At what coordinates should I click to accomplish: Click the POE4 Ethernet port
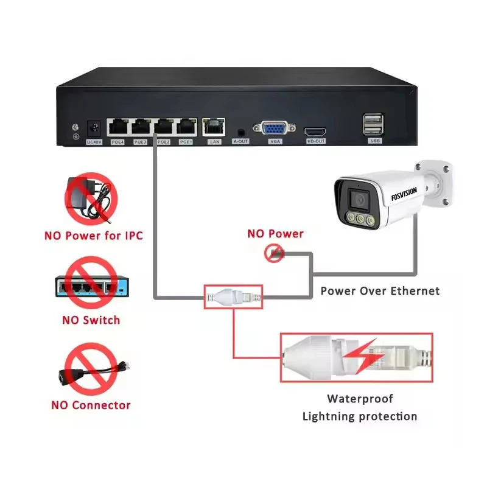[117, 127]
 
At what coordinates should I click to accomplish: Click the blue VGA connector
[274, 128]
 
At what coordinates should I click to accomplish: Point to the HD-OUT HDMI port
[315, 131]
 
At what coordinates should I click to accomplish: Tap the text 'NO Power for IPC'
[93, 234]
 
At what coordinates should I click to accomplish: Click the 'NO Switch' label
[91, 320]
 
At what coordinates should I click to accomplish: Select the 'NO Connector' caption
[91, 405]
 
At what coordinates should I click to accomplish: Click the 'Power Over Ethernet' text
[380, 290]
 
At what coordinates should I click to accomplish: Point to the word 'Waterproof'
[360, 399]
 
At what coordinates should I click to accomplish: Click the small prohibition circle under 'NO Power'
[275, 253]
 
